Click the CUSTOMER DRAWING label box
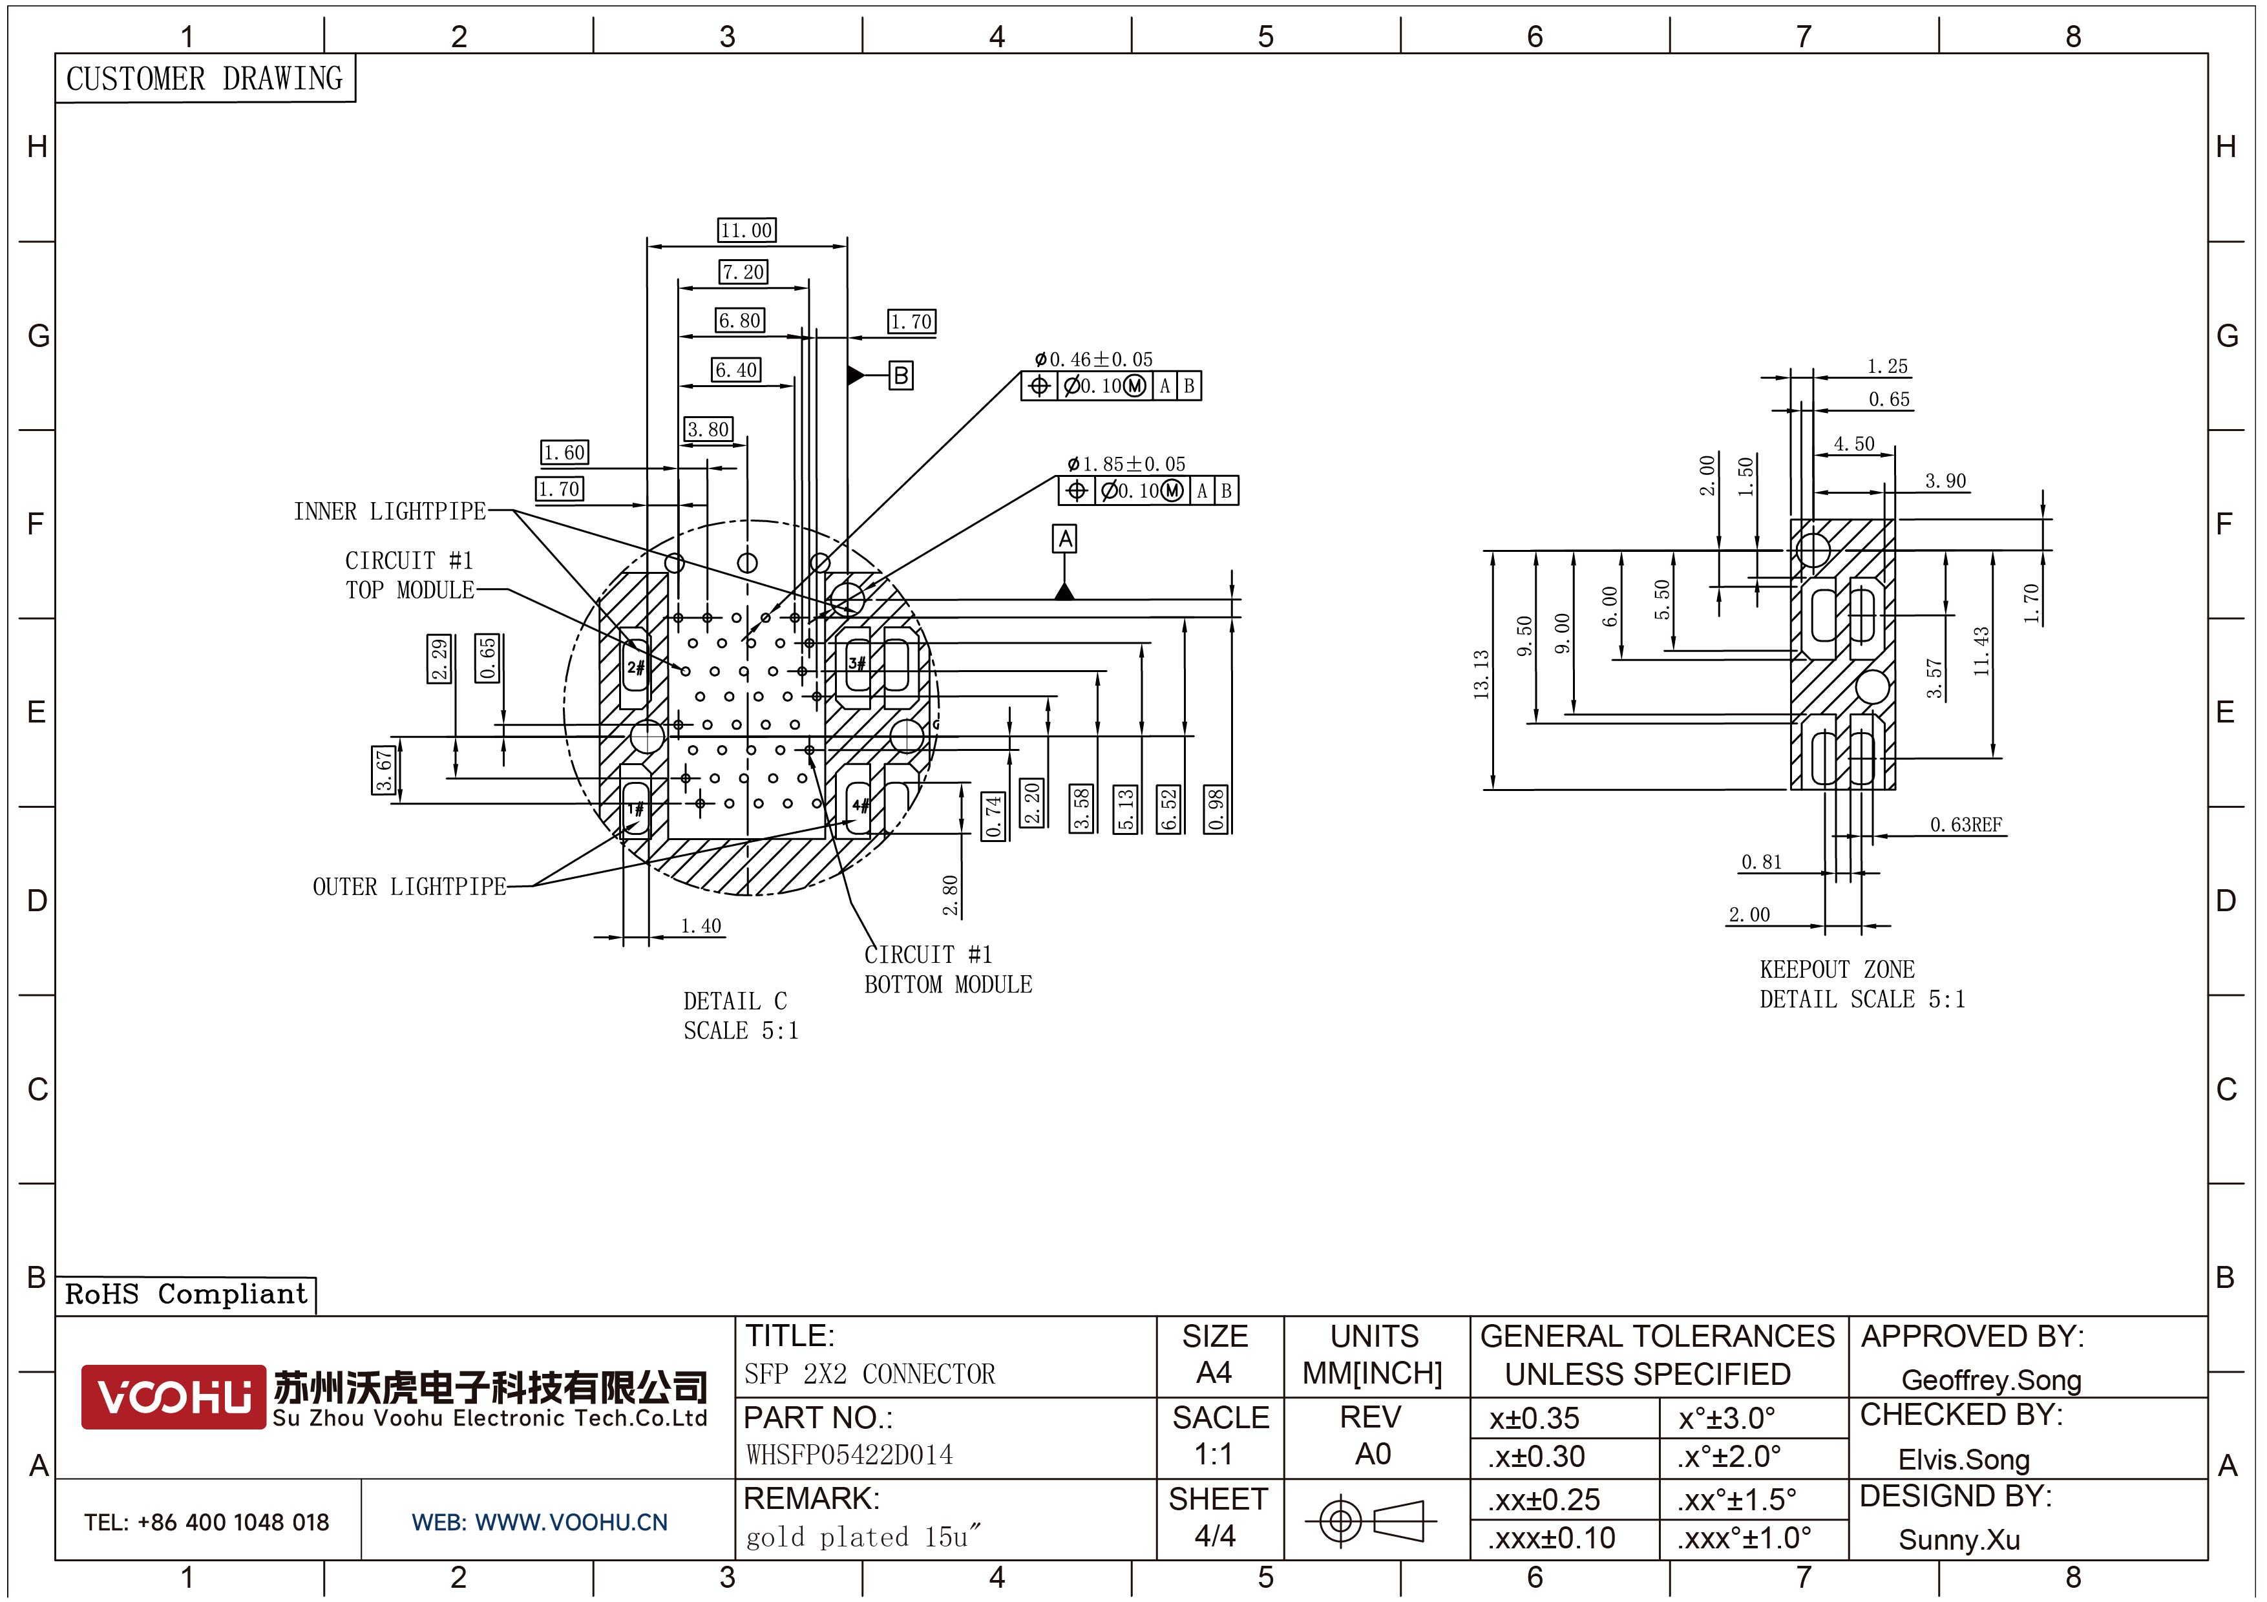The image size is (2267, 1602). pos(204,78)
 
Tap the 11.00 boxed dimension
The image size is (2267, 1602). pos(746,230)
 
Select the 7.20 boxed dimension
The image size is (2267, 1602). pos(743,271)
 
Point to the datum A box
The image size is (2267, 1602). pos(1064,539)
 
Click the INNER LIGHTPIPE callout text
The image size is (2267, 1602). pos(389,511)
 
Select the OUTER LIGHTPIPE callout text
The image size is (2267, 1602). pos(409,887)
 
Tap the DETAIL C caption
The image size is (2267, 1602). pos(735,1001)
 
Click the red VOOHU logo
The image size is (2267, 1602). pos(173,1396)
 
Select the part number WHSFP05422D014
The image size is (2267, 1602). pos(849,1455)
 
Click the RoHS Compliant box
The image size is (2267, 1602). pos(185,1294)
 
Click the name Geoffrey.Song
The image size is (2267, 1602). pos(1990,1380)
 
